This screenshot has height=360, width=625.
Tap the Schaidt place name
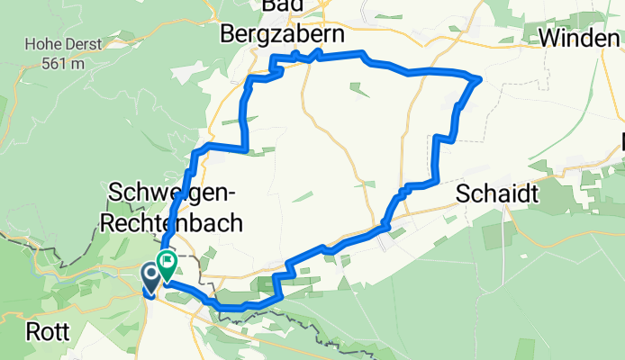coord(497,194)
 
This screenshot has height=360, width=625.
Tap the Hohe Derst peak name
coord(63,43)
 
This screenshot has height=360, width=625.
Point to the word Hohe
coord(42,43)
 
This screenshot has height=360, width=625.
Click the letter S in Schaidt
coord(463,194)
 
